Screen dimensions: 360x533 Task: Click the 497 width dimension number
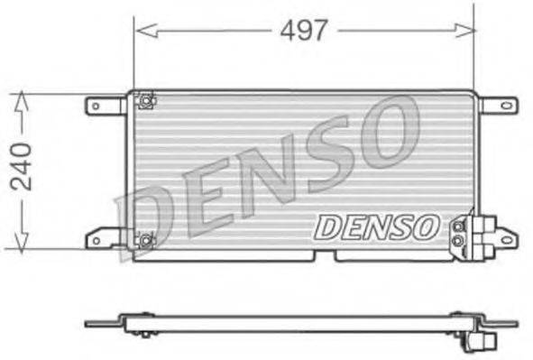click(303, 31)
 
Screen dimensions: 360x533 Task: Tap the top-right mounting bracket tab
click(498, 106)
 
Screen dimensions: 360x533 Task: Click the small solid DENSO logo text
click(376, 225)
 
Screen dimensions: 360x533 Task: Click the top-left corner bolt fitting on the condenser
click(143, 101)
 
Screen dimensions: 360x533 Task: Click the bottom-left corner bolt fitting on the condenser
click(143, 239)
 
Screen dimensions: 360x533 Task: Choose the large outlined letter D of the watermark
click(144, 217)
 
